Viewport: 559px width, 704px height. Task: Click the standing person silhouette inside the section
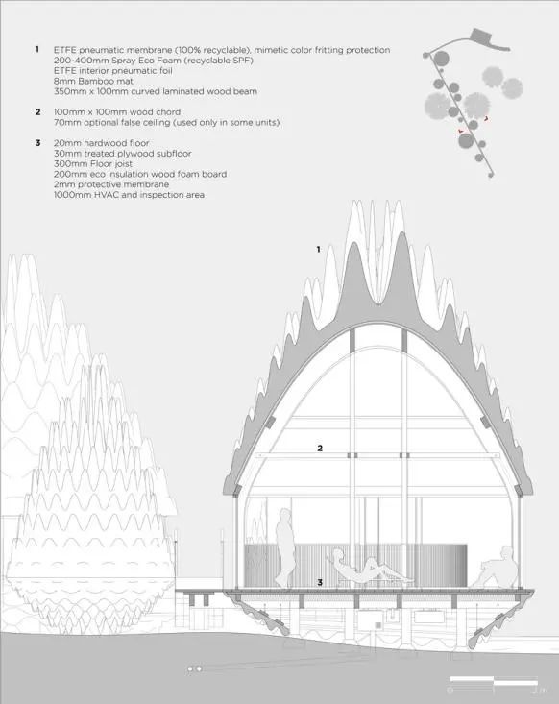tap(283, 547)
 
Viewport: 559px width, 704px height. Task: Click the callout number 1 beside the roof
tap(318, 249)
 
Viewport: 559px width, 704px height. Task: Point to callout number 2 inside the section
tap(320, 448)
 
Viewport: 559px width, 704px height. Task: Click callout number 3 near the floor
tap(320, 582)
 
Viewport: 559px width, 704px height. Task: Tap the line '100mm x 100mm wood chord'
tap(117, 111)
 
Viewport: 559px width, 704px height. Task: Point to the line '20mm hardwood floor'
tap(102, 143)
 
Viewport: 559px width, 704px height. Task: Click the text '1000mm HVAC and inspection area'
tap(130, 195)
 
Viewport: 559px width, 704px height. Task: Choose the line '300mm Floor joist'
tap(93, 163)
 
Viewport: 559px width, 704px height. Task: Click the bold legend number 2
tap(38, 111)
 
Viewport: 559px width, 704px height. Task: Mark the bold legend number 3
tap(38, 143)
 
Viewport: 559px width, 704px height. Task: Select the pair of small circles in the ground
tap(194, 668)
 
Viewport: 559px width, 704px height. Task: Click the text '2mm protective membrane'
tap(111, 184)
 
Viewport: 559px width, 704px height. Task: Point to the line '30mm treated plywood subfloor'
tap(123, 153)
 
